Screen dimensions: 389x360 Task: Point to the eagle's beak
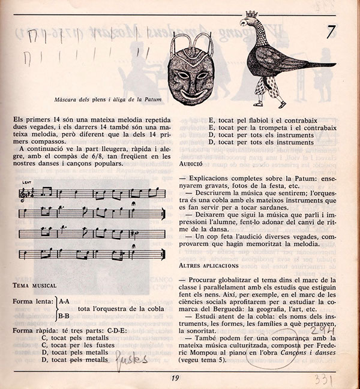241,24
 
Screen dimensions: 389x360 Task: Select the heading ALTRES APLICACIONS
209,264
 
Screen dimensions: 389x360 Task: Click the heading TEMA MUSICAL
34,285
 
